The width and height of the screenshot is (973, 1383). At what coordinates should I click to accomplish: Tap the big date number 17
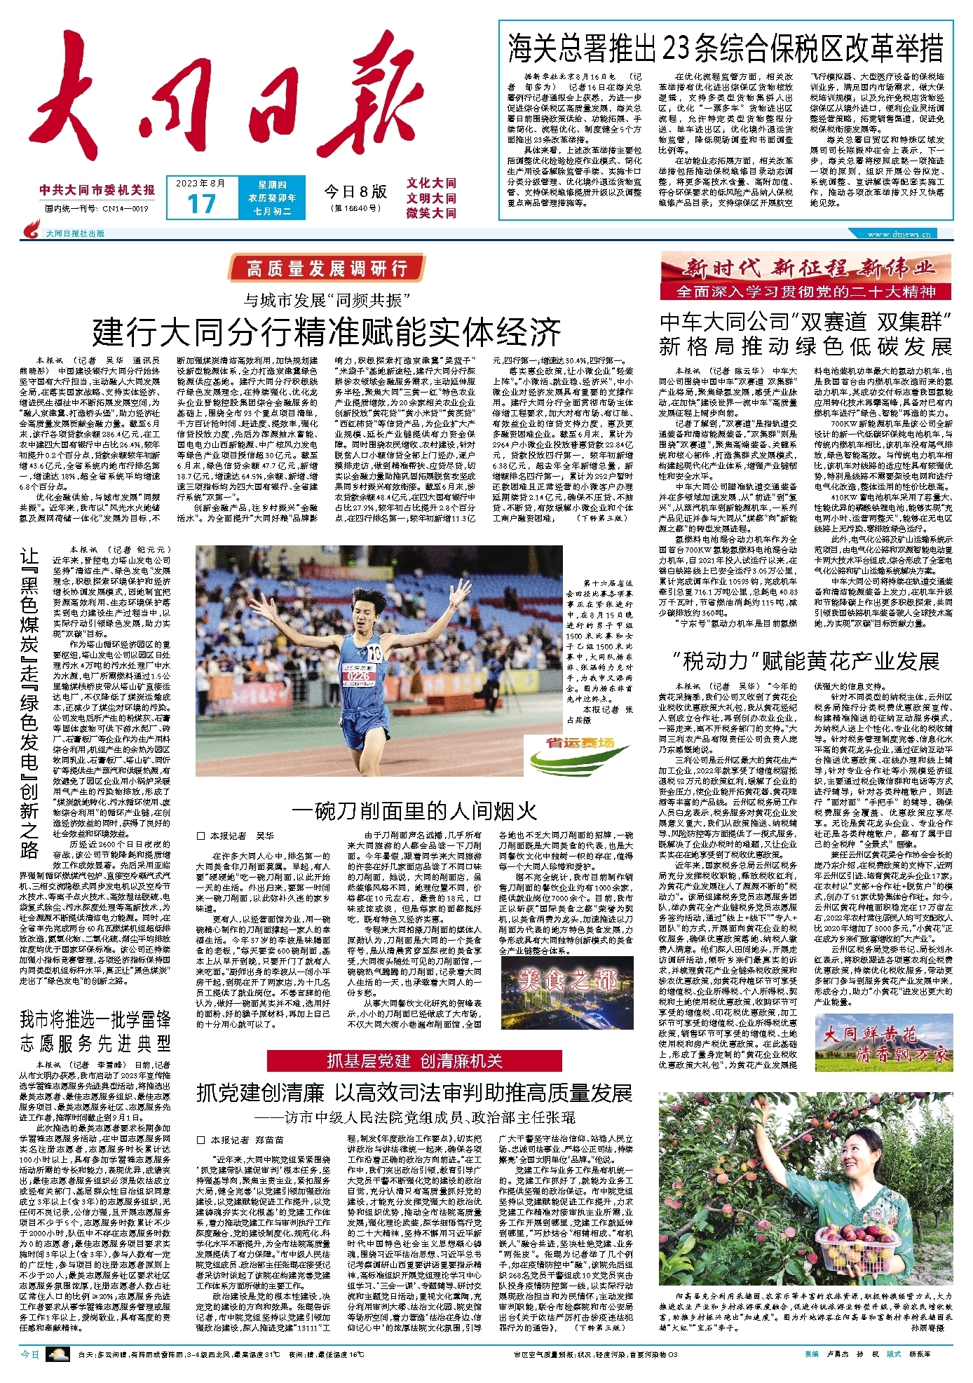[201, 204]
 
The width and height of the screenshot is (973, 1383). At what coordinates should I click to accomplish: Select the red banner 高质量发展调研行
[327, 268]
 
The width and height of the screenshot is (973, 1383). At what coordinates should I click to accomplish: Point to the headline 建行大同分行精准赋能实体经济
[327, 332]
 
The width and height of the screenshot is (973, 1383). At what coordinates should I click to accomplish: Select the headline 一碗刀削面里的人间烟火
[414, 811]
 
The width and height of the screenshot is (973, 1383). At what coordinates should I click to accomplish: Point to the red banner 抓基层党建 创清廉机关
[414, 1061]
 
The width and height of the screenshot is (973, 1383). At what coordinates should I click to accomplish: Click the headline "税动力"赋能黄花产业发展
[805, 661]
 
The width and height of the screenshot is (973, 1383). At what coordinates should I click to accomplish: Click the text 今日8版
[355, 191]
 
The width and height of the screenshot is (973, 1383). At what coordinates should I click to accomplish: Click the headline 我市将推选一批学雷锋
[95, 1018]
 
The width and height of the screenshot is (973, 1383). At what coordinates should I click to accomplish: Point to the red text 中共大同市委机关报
[97, 190]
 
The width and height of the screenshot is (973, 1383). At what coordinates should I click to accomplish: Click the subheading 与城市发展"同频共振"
[327, 300]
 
